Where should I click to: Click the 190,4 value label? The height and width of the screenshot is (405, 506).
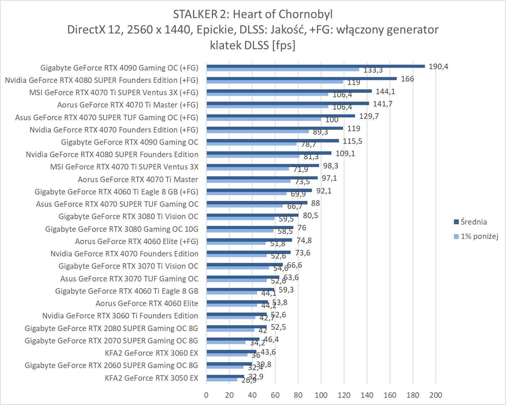point(438,67)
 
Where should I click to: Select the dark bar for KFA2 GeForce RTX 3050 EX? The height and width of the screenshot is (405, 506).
point(225,376)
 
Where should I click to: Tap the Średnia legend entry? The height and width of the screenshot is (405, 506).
point(474,222)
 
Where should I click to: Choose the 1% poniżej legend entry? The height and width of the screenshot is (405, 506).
point(479,237)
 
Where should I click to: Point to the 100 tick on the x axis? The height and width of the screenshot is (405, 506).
point(321,395)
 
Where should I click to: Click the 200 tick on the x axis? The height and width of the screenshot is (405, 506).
point(436,395)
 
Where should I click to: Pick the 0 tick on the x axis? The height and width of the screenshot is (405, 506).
point(206,395)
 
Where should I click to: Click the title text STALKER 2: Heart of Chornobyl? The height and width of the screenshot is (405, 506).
point(253,14)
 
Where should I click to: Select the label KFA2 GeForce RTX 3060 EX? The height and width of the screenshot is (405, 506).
point(152,353)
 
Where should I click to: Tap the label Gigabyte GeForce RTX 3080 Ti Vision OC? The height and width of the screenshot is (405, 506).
point(128,216)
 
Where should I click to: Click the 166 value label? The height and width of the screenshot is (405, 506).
point(407,79)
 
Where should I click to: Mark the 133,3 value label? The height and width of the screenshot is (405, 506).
point(373,70)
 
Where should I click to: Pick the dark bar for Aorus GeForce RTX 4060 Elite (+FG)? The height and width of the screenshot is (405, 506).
point(249,240)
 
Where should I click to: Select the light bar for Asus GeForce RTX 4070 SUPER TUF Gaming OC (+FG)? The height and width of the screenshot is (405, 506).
point(264,119)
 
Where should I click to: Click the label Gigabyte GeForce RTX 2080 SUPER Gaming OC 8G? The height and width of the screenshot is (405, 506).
point(111,328)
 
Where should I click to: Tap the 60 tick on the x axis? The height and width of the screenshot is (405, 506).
point(275,395)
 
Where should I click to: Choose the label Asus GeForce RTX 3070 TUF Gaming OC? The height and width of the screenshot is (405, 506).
point(129,279)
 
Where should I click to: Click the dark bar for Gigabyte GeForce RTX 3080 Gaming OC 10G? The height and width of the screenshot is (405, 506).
point(250,228)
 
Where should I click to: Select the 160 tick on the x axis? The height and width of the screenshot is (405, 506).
point(390,395)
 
